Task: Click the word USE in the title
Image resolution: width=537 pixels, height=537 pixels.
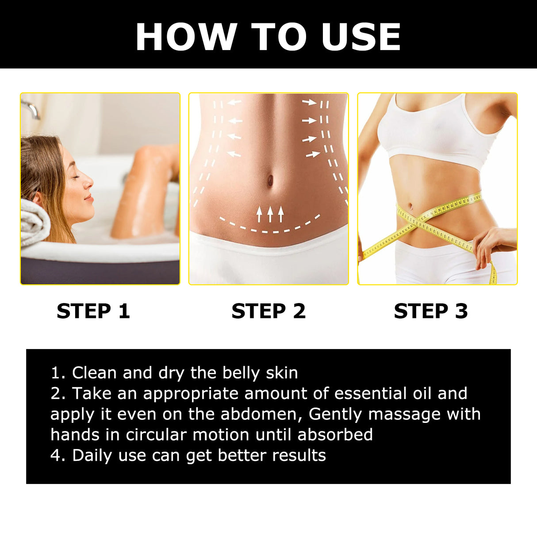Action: (361, 37)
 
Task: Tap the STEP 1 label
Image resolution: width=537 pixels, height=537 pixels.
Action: (93, 311)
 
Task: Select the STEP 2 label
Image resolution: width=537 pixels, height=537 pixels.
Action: (268, 311)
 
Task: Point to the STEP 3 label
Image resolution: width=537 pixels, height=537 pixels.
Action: (431, 311)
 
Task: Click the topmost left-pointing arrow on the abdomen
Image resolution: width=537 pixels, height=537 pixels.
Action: (235, 103)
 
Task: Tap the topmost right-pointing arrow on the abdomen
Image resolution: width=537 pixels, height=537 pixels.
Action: (309, 102)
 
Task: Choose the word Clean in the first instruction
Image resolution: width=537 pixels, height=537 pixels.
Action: (94, 373)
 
